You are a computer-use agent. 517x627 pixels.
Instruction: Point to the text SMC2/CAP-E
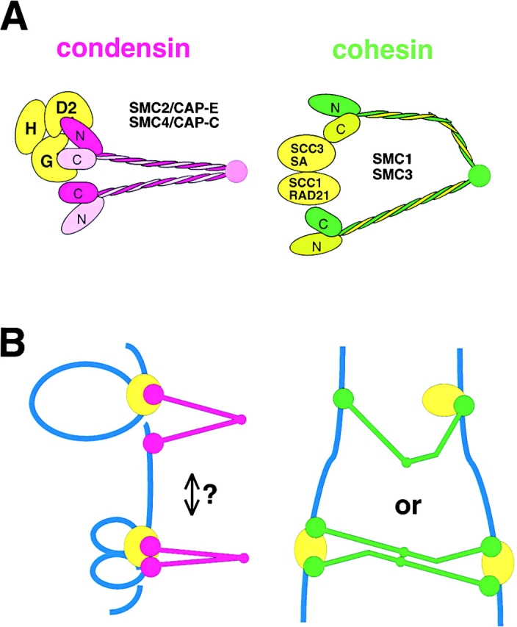click(x=169, y=107)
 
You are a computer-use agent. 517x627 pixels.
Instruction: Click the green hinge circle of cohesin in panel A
click(x=478, y=176)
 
